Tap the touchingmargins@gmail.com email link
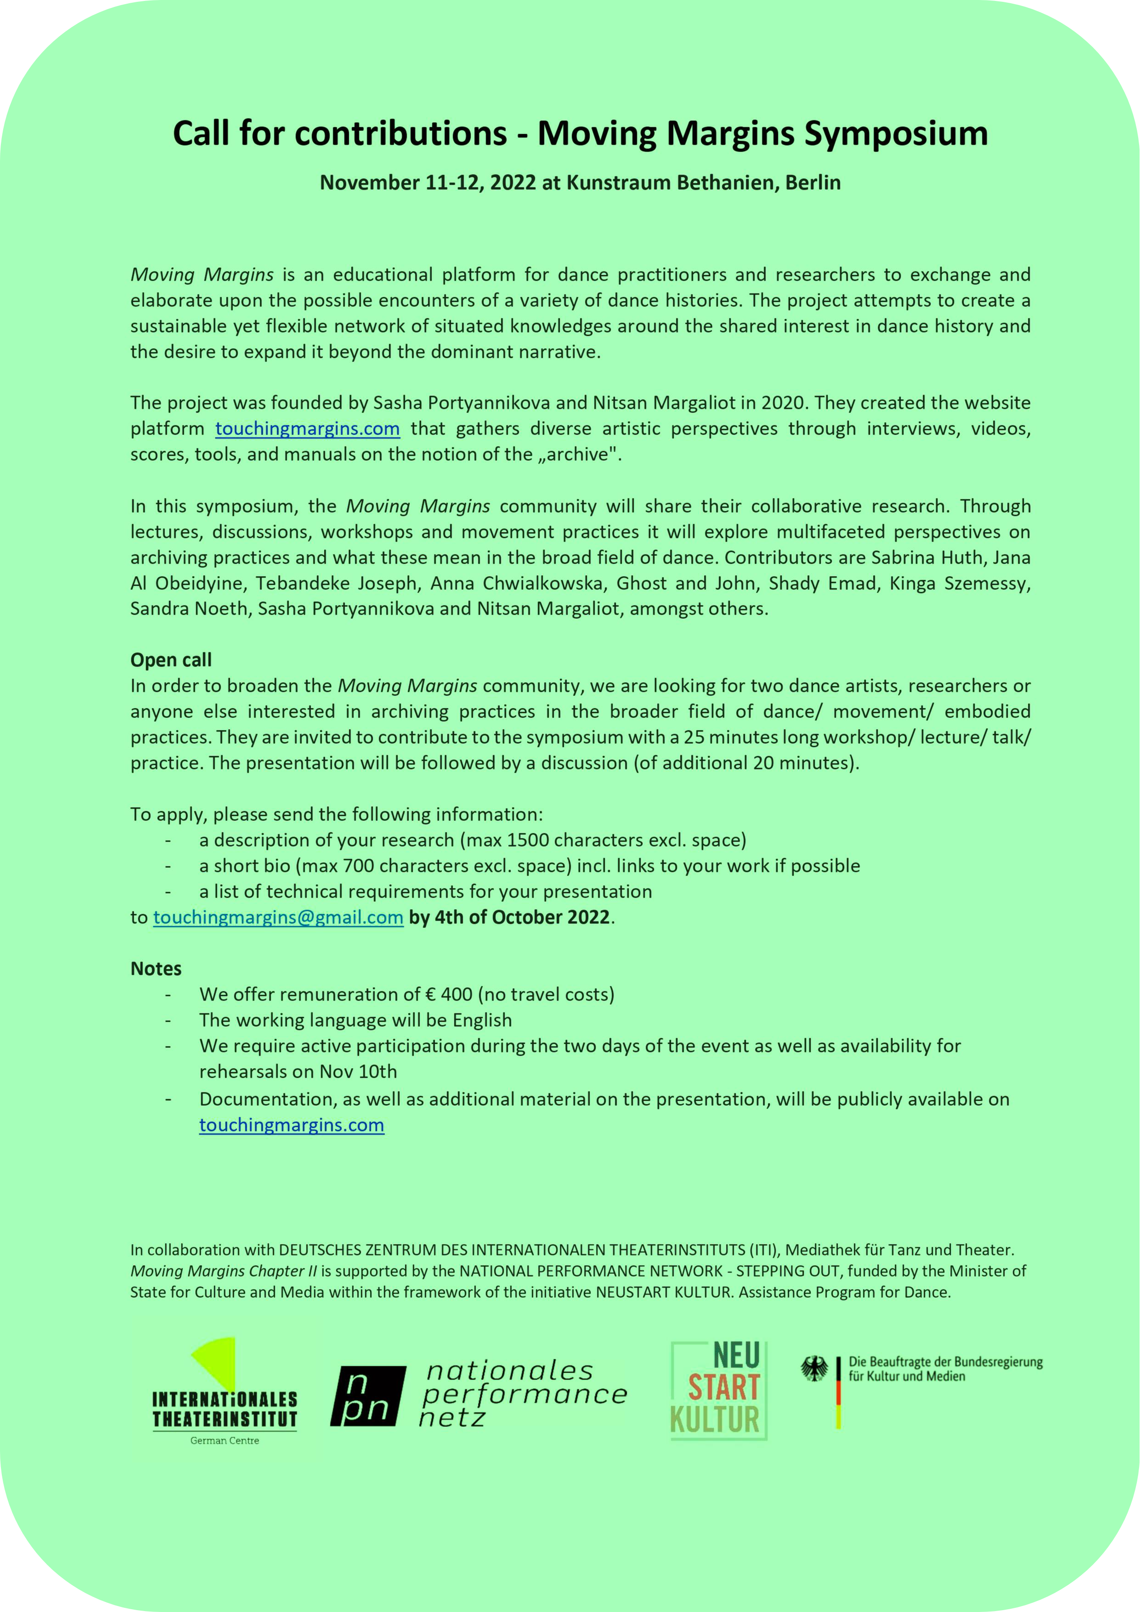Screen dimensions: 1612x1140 pos(278,917)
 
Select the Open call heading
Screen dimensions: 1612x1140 pos(170,660)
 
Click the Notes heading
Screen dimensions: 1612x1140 pos(156,968)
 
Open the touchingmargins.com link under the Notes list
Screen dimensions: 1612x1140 pos(291,1125)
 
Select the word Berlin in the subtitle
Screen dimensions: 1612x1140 pos(813,182)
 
